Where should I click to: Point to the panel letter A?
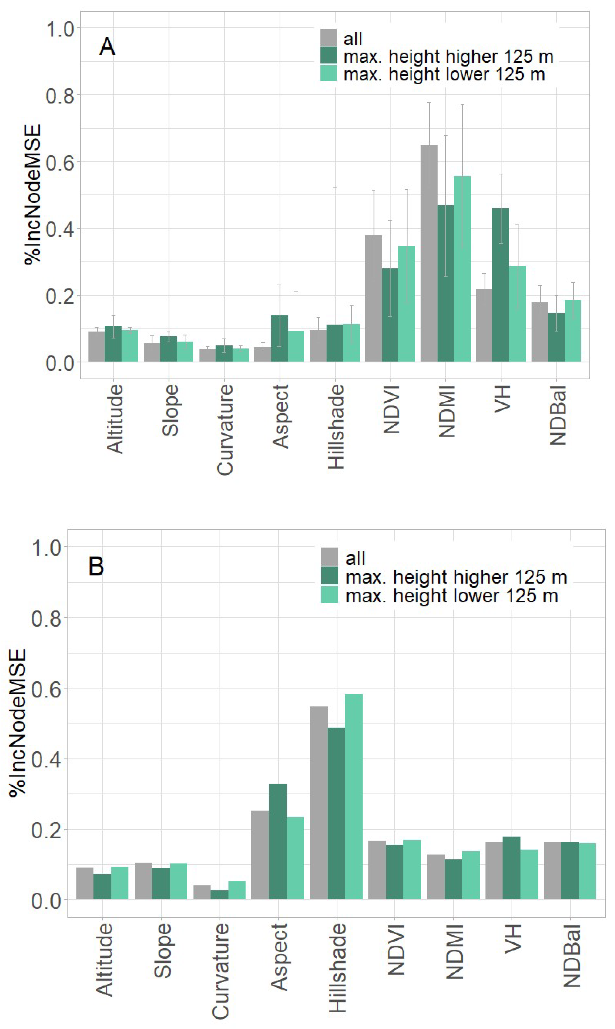pos(107,47)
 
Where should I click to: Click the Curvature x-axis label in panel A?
pos(225,429)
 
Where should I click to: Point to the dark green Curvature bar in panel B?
pos(219,895)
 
